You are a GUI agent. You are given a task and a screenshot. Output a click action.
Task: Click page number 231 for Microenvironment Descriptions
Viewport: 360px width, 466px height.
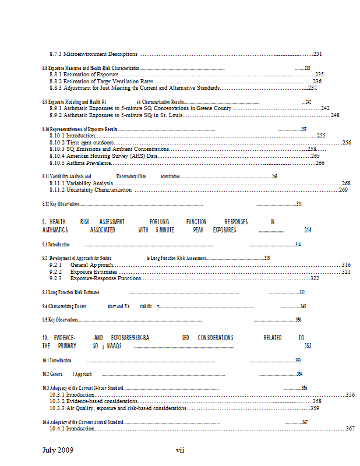coord(317,54)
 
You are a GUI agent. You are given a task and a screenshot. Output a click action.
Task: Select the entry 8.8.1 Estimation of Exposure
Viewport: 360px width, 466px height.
coord(84,75)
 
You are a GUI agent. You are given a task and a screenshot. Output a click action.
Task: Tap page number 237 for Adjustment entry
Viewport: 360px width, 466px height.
coord(312,88)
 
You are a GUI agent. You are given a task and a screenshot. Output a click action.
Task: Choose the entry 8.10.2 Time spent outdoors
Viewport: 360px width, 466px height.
coord(82,142)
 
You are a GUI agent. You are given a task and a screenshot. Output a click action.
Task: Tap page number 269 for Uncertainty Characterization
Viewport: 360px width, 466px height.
coord(343,190)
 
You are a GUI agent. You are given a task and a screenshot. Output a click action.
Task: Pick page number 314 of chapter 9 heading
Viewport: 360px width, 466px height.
coord(308,230)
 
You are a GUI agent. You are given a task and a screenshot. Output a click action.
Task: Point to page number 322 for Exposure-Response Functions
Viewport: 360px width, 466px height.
coord(315,278)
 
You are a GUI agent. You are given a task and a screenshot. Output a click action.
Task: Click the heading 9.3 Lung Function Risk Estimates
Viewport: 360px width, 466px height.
coord(70,292)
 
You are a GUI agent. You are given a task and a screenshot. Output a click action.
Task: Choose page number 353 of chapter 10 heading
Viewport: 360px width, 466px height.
coord(308,346)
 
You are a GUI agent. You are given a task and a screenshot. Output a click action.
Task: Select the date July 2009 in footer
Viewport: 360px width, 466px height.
coord(58,450)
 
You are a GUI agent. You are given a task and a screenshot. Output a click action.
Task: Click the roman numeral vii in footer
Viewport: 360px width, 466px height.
coord(181,450)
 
